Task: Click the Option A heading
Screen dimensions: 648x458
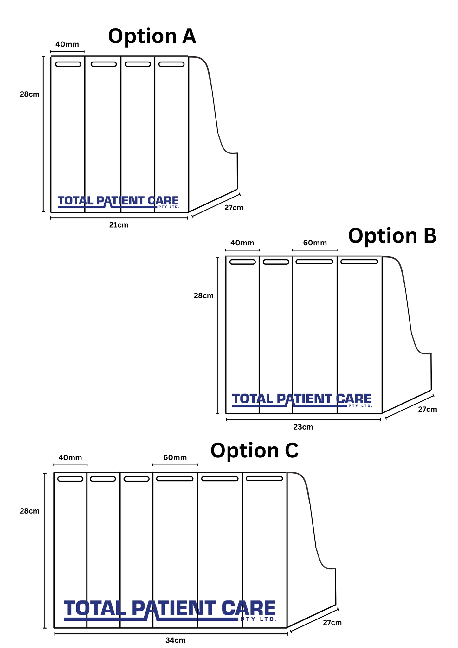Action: click(152, 36)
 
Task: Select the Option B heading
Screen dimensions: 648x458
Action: click(392, 236)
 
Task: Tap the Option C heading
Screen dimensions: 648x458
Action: click(254, 450)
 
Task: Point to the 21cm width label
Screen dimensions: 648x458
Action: click(119, 225)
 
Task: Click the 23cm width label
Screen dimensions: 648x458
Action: click(303, 427)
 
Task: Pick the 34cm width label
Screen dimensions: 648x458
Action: click(175, 640)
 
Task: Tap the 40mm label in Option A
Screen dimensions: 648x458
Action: click(67, 44)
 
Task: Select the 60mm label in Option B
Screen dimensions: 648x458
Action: click(315, 243)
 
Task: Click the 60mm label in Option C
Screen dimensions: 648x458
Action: click(175, 458)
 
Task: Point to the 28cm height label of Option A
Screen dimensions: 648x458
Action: click(29, 94)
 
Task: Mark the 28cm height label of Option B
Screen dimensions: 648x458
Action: click(203, 296)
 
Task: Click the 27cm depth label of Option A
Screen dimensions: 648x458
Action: click(234, 208)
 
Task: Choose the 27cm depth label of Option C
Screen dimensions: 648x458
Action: click(332, 623)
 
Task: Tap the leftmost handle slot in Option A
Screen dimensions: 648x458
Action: click(68, 64)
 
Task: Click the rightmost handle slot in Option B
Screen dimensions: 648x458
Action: click(359, 262)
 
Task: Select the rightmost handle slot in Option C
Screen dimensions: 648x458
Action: click(264, 478)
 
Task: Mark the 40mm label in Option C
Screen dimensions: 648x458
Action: click(70, 458)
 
